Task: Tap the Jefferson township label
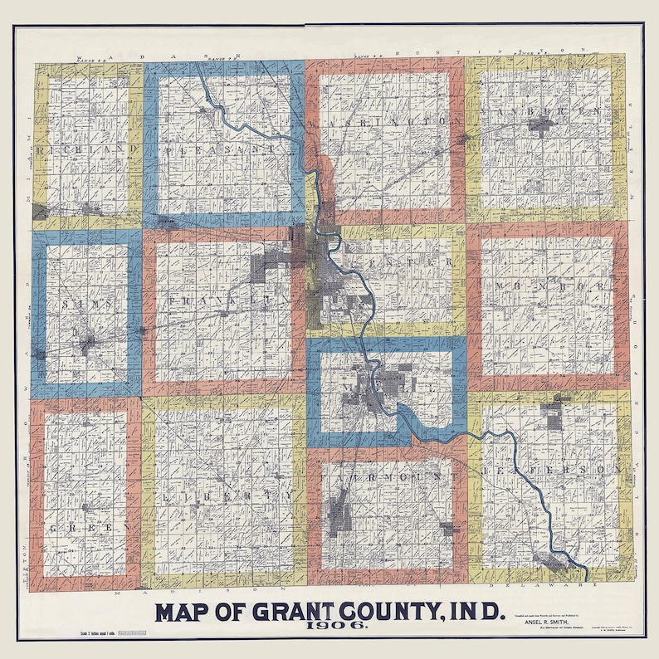(x=551, y=471)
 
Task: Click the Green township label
(x=90, y=528)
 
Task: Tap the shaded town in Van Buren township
(x=540, y=126)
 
